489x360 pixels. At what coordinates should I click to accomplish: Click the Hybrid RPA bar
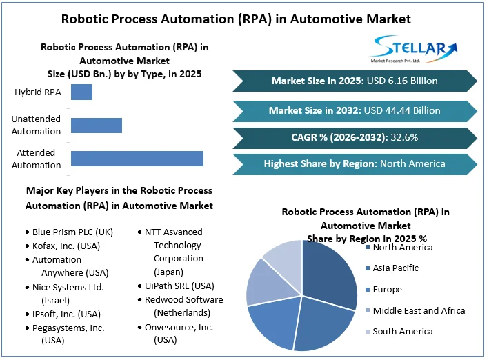[81, 92]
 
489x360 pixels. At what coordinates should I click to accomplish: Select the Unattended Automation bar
[97, 125]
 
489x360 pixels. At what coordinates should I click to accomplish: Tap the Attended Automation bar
[137, 158]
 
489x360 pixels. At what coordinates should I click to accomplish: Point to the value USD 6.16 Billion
[401, 81]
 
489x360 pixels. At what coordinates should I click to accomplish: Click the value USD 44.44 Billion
[403, 110]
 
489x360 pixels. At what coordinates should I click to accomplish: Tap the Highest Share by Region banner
[355, 164]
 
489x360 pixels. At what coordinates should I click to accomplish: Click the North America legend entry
[403, 247]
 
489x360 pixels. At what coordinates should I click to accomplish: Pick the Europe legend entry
[387, 290]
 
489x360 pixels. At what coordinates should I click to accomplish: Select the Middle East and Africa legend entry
[419, 311]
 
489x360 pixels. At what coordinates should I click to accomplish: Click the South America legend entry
[403, 332]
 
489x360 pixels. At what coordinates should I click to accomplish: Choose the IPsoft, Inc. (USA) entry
[66, 314]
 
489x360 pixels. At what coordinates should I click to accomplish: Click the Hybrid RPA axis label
[38, 92]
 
